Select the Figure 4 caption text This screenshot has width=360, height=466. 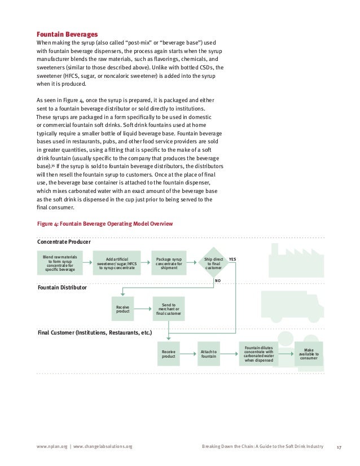(x=104, y=224)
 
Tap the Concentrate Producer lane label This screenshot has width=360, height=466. (x=64, y=242)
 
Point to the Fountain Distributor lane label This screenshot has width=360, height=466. (x=62, y=287)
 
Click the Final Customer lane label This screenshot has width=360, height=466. (x=94, y=333)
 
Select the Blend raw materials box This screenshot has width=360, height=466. (x=59, y=263)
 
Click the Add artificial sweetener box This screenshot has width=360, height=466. (x=117, y=263)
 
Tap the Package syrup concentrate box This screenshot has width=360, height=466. (x=169, y=263)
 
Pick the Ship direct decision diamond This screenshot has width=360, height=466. (x=214, y=263)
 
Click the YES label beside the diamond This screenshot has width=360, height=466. (x=232, y=259)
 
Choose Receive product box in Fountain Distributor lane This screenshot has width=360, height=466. (x=122, y=309)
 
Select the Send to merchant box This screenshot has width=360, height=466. (x=169, y=309)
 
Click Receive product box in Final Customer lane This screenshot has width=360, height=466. (x=169, y=354)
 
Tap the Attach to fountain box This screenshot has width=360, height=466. (x=208, y=354)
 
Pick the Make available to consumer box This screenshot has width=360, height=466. (x=309, y=354)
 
